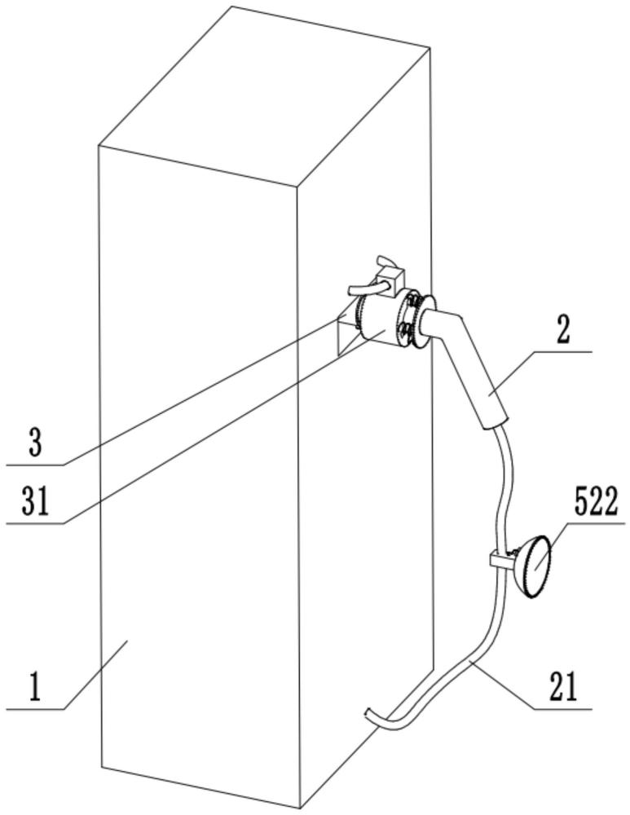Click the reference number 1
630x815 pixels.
point(35,685)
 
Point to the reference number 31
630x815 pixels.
point(35,501)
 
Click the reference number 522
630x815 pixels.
point(596,502)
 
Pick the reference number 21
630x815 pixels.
point(562,686)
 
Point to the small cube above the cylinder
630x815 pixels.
point(390,279)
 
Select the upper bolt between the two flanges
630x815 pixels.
point(413,302)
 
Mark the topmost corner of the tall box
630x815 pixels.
point(231,7)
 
